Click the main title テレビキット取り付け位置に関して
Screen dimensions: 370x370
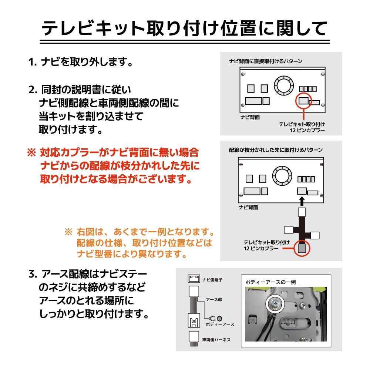click(x=185, y=27)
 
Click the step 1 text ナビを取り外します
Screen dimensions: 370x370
click(x=81, y=62)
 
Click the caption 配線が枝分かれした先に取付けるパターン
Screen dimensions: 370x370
click(x=276, y=150)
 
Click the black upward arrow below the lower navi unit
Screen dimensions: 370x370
click(x=302, y=201)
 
